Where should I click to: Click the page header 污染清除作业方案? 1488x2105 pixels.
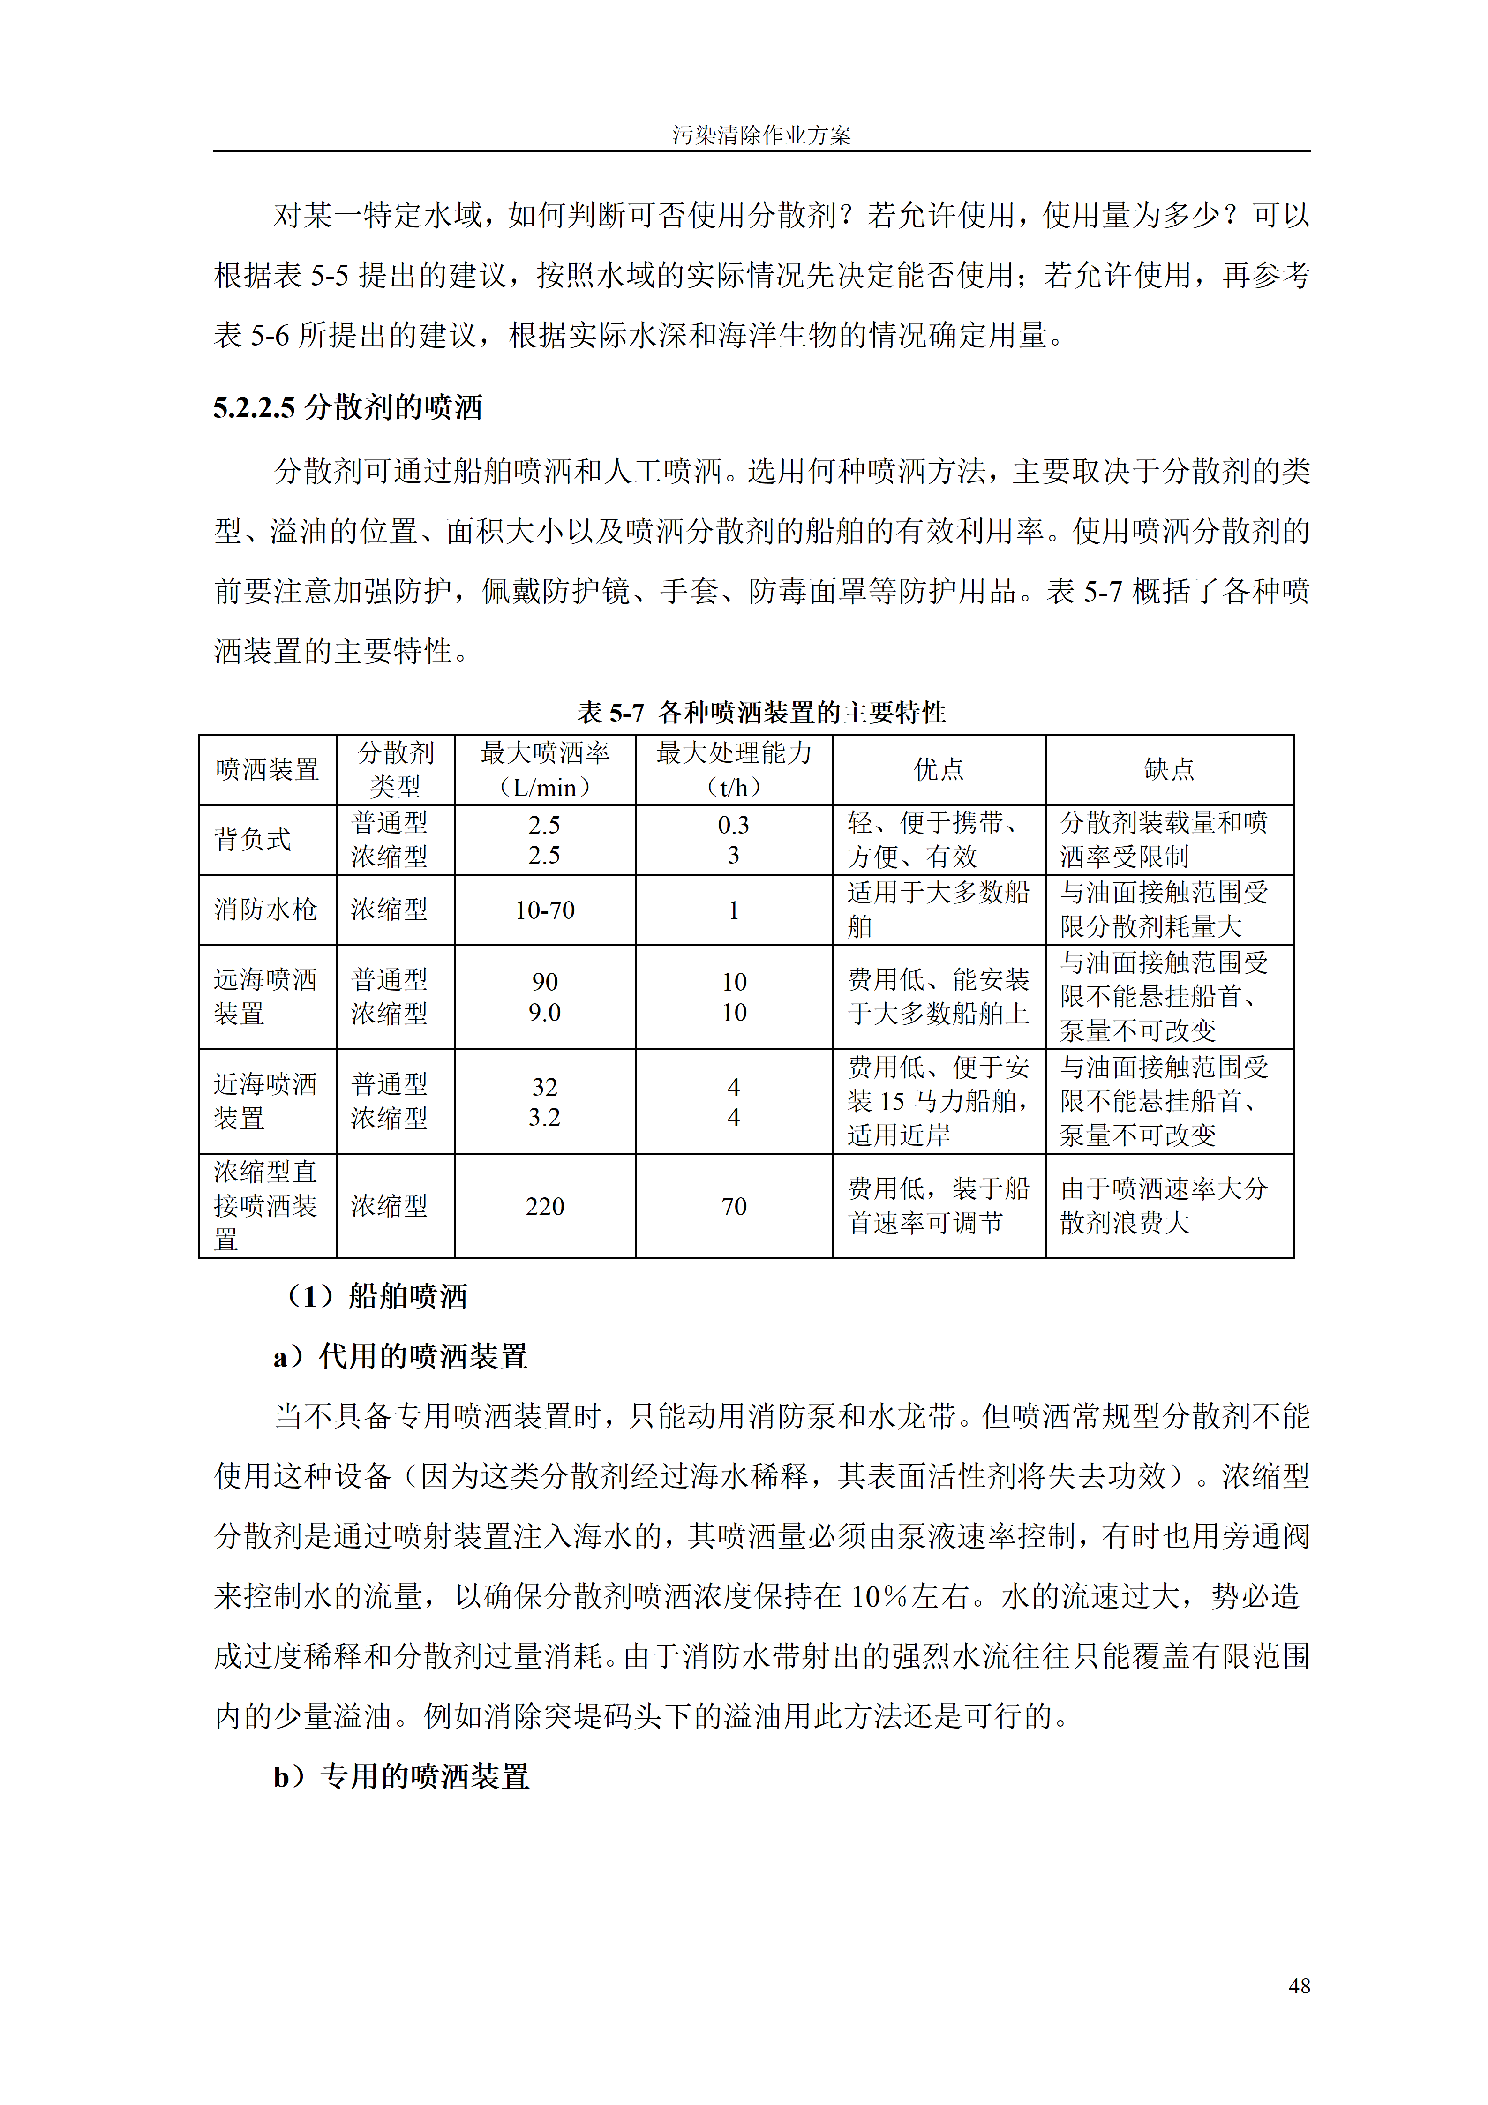pyautogui.click(x=761, y=135)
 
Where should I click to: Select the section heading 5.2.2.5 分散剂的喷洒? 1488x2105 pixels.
pyautogui.click(x=347, y=407)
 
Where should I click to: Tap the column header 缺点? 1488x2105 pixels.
pyautogui.click(x=1169, y=769)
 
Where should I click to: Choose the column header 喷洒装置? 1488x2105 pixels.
pyautogui.click(x=267, y=769)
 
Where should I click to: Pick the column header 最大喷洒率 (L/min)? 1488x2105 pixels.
pyautogui.click(x=545, y=769)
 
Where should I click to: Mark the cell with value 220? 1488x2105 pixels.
pyautogui.click(x=545, y=1207)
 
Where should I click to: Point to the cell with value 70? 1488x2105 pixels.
pyautogui.click(x=734, y=1207)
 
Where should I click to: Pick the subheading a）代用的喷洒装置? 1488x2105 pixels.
pyautogui.click(x=401, y=1357)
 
